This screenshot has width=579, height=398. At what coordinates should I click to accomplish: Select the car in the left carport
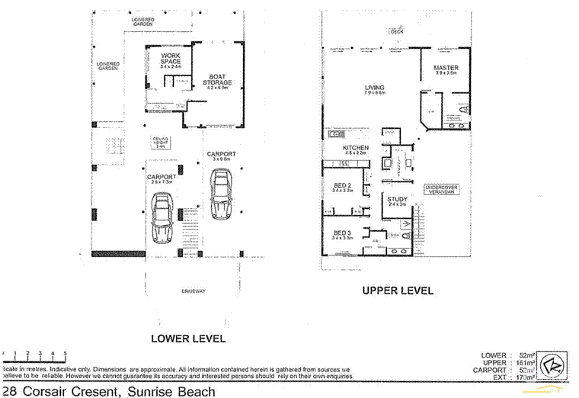[162, 217]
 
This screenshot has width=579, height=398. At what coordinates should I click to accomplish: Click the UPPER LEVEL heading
[397, 290]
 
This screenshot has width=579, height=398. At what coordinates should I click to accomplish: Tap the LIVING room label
[374, 87]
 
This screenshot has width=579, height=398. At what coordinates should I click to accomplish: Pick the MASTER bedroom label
[446, 68]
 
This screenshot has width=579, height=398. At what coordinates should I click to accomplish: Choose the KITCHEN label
[356, 147]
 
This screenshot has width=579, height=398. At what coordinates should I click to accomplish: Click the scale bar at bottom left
[34, 355]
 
